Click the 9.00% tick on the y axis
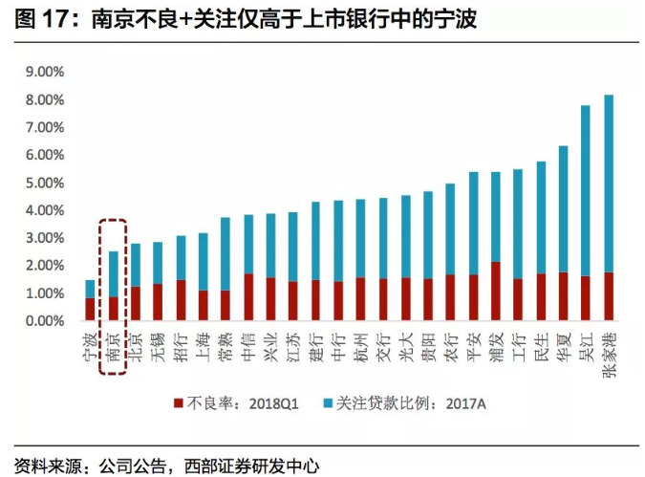(x=44, y=72)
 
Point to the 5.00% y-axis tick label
(x=44, y=183)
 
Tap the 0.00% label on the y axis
(x=44, y=322)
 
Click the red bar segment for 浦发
(x=495, y=292)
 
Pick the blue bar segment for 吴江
(x=586, y=191)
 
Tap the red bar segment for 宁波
(x=90, y=310)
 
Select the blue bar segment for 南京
(x=113, y=273)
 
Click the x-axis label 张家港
(x=610, y=354)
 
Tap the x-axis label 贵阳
(x=428, y=344)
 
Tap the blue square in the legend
(x=336, y=403)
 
